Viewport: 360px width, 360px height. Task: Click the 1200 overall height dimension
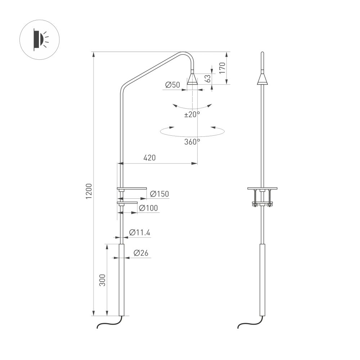(x=89, y=190)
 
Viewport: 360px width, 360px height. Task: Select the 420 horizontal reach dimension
(x=149, y=158)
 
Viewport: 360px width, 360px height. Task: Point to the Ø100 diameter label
(x=148, y=208)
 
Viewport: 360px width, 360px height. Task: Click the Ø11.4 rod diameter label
(x=139, y=233)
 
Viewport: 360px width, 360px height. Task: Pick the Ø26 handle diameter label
(x=141, y=253)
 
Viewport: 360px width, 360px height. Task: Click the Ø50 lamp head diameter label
(x=172, y=85)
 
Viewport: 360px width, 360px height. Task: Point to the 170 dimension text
(x=222, y=68)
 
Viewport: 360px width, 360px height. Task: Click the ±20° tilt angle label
(x=192, y=114)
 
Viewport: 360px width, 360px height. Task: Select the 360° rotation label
(x=192, y=142)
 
